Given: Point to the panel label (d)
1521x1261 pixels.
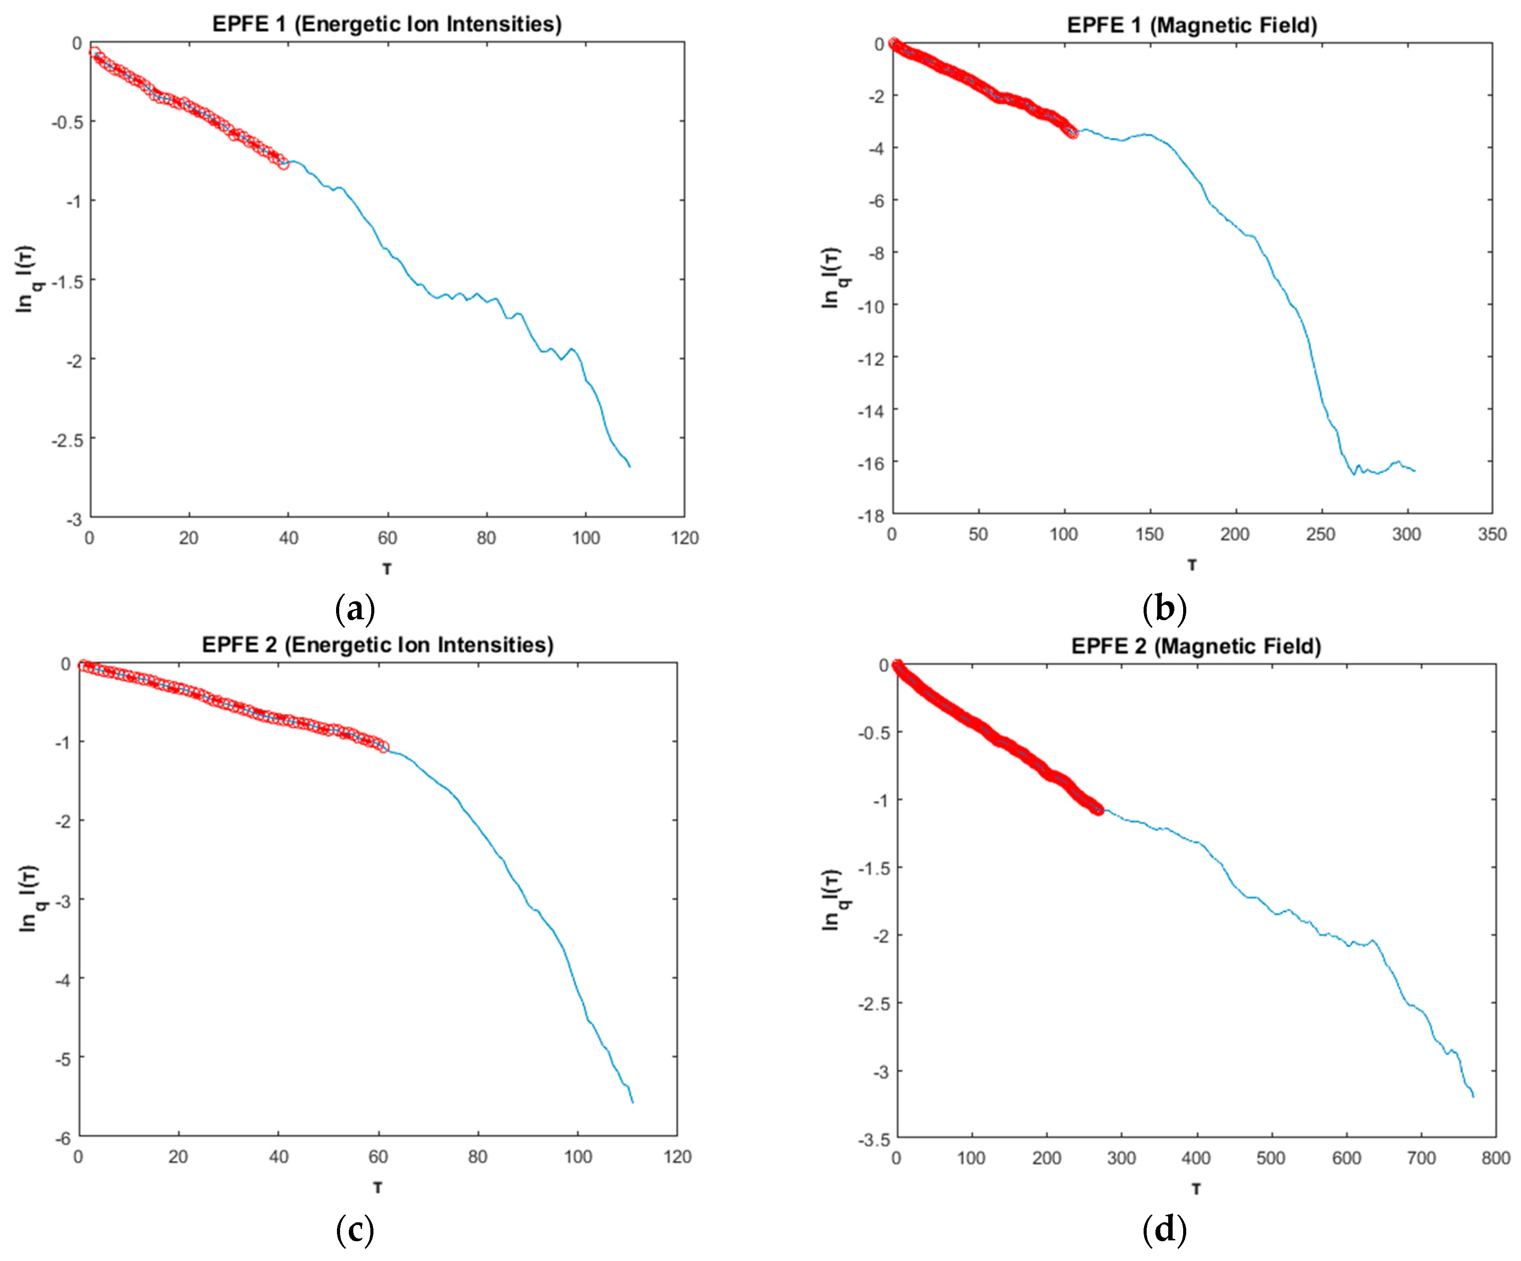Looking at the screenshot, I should pyautogui.click(x=1164, y=1230).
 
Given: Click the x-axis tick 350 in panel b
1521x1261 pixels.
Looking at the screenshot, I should pyautogui.click(x=1492, y=535).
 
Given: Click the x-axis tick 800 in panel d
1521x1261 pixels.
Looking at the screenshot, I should pyautogui.click(x=1496, y=1158).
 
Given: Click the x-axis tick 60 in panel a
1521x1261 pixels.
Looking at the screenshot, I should pyautogui.click(x=387, y=538).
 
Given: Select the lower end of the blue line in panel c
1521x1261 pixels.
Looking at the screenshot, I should pyautogui.click(x=633, y=1102).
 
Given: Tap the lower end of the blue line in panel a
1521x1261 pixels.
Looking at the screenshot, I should pyautogui.click(x=630, y=467).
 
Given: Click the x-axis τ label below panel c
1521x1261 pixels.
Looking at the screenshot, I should pyautogui.click(x=377, y=1188).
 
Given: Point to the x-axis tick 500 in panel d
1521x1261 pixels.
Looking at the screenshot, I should pyautogui.click(x=1271, y=1158).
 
